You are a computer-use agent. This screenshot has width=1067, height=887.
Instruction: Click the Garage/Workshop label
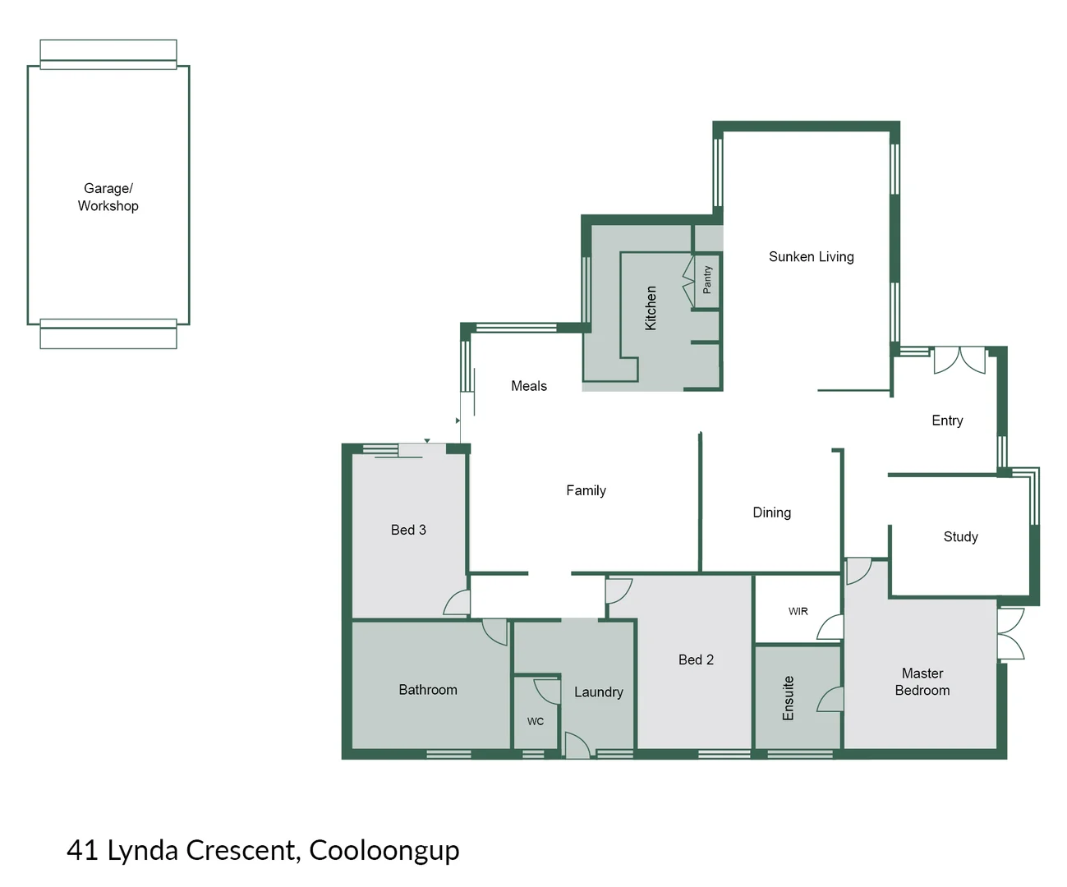[x=108, y=197]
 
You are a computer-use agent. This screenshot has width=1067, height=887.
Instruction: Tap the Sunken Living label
[x=811, y=257]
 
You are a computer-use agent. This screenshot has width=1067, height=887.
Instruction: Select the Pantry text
[x=707, y=280]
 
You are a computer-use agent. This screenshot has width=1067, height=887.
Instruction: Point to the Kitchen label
[x=651, y=308]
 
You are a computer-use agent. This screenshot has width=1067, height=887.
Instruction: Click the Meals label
[x=529, y=386]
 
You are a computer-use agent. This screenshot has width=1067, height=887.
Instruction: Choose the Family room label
[x=586, y=490]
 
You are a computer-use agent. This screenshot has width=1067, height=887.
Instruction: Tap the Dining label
[x=771, y=512]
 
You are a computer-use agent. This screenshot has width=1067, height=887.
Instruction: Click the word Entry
[x=947, y=421]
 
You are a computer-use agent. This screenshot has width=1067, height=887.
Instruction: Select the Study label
[x=960, y=537]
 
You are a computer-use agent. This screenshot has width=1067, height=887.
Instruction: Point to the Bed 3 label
[x=408, y=530]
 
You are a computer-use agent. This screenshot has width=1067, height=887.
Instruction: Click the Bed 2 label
[x=696, y=660]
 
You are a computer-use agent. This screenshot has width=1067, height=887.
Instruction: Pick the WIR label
[x=798, y=611]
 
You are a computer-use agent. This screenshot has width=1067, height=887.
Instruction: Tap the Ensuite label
[x=789, y=698]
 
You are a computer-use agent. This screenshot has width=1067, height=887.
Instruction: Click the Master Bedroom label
[x=922, y=682]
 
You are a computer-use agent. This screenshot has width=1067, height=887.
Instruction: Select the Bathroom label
[x=428, y=690]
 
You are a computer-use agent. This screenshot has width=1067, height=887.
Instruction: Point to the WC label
[x=536, y=721]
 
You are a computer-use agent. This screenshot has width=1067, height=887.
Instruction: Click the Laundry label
[x=598, y=692]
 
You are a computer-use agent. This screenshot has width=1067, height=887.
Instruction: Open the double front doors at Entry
[x=959, y=360]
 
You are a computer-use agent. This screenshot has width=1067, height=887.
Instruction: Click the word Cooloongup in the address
[x=384, y=850]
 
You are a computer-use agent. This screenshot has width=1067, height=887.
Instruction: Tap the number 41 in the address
[x=82, y=850]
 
